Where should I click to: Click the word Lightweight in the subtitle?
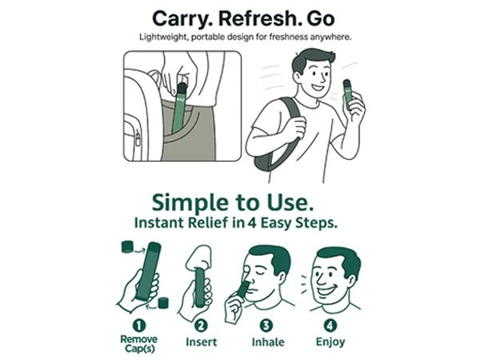click(x=162, y=38)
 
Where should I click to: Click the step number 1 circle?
click(x=139, y=326)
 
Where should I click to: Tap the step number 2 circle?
click(x=201, y=326)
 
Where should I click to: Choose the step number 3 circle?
click(x=266, y=325)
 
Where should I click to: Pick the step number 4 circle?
click(x=330, y=325)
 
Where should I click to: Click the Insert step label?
click(x=201, y=342)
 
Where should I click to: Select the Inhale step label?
click(x=268, y=342)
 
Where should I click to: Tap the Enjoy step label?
click(x=330, y=342)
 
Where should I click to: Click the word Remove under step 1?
click(x=139, y=339)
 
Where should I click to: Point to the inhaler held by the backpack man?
click(x=349, y=94)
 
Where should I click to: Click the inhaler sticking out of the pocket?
click(x=180, y=108)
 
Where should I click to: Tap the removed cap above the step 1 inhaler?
click(x=127, y=246)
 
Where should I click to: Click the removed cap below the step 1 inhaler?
click(x=163, y=302)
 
